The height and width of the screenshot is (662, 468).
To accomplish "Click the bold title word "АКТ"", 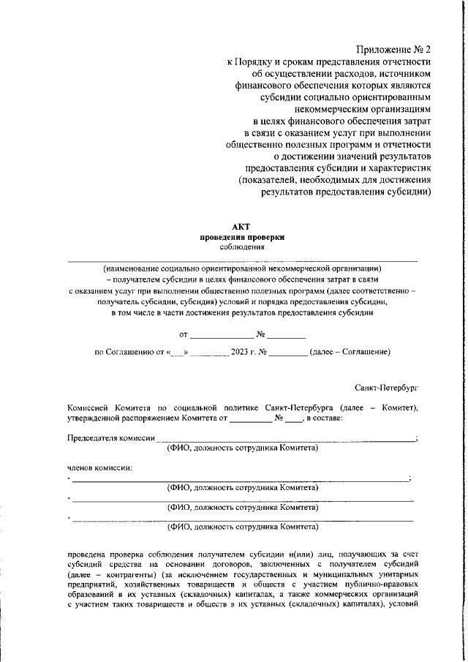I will tap(241, 227).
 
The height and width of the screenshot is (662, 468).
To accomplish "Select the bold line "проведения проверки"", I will tap(241, 237).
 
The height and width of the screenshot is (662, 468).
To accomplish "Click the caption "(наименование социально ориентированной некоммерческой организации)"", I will tap(241, 267).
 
